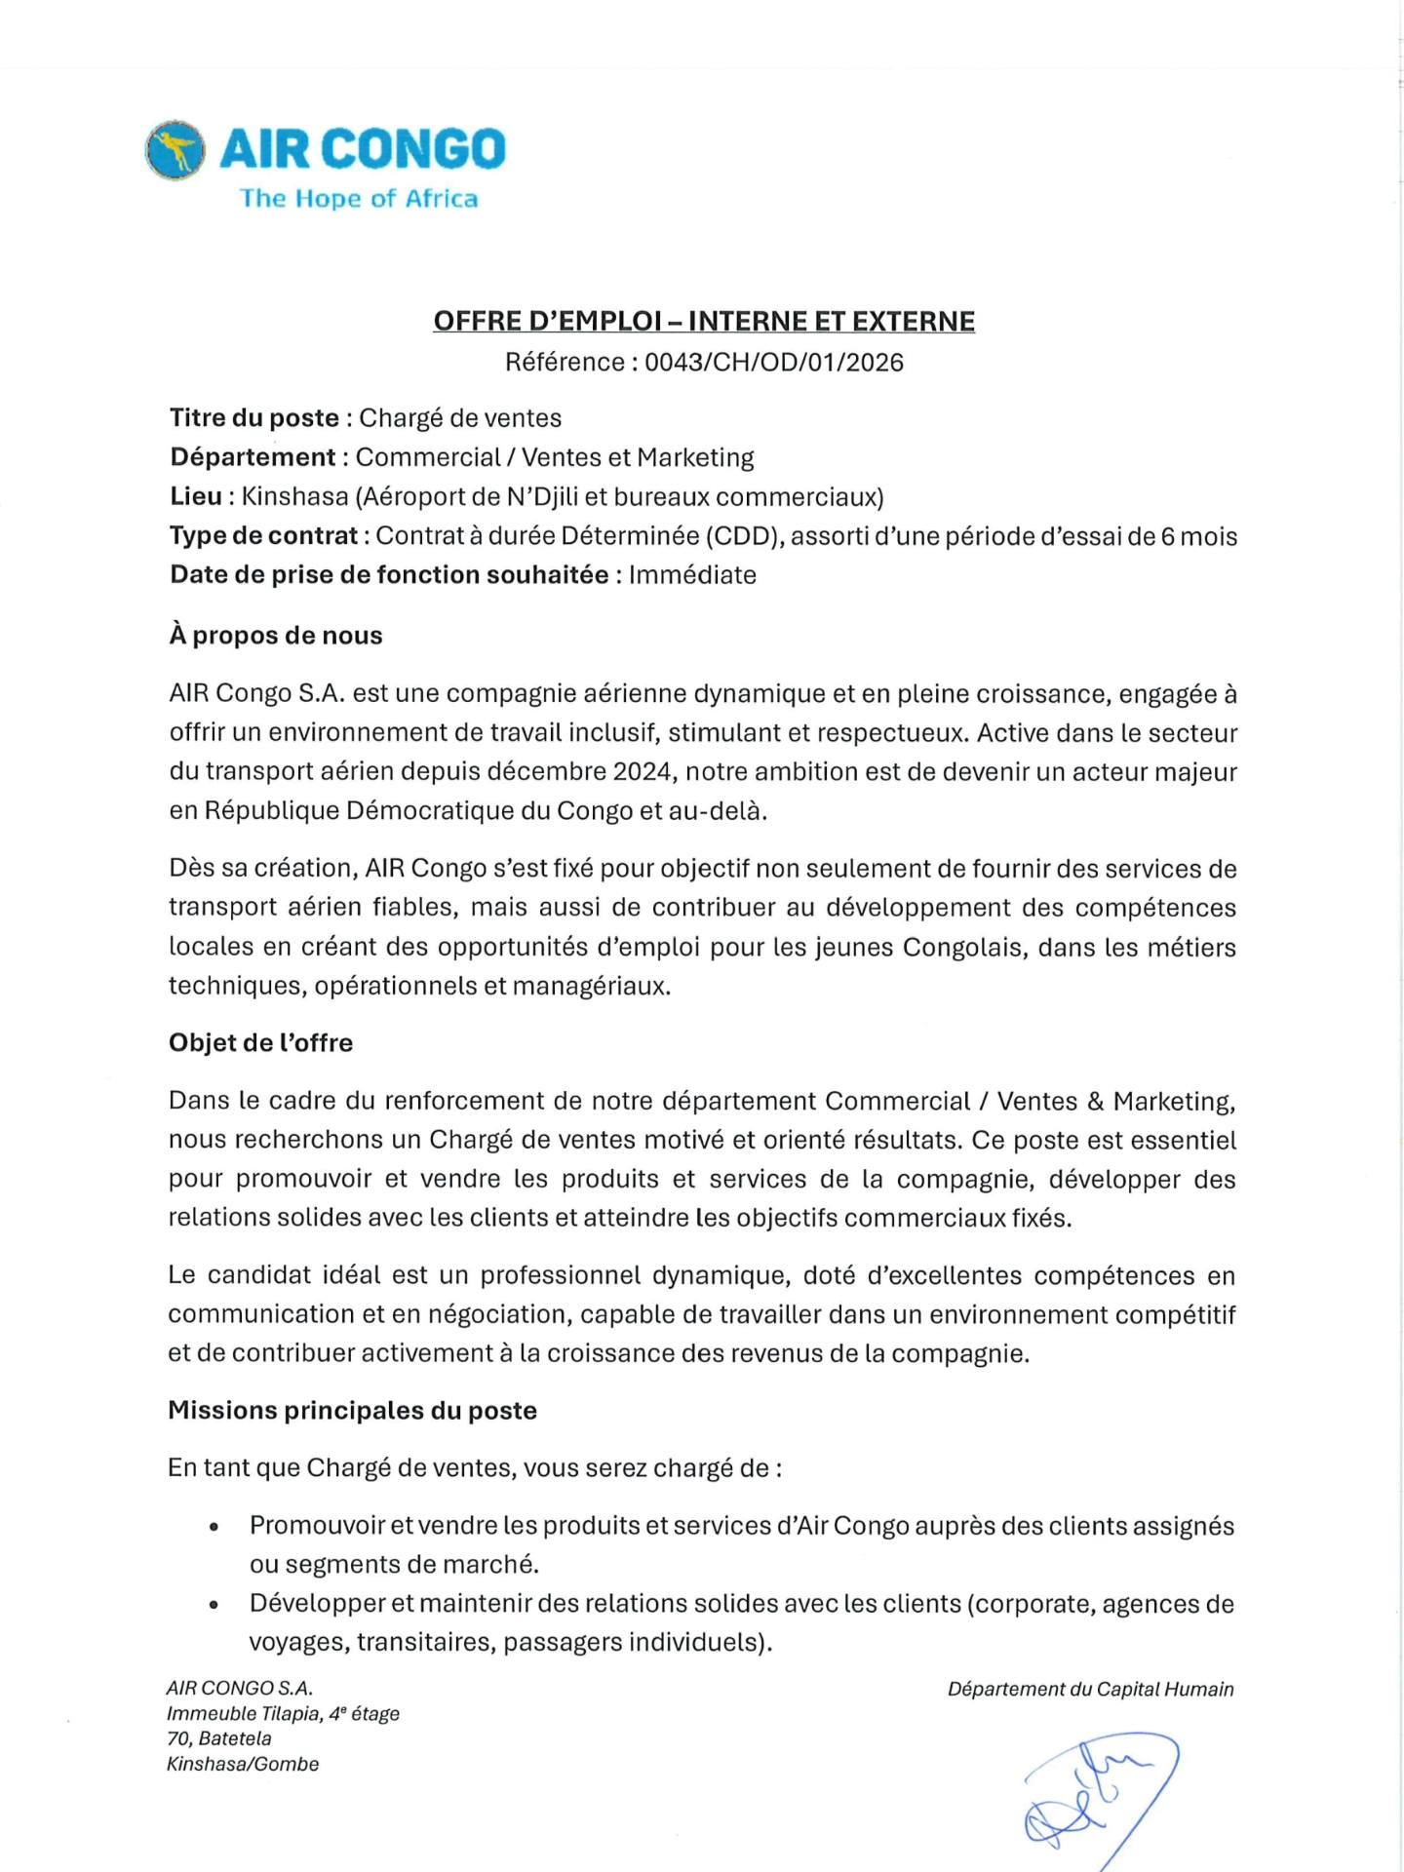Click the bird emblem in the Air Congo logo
pyautogui.click(x=175, y=151)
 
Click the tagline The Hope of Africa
pyautogui.click(x=359, y=199)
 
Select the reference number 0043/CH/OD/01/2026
pyautogui.click(x=774, y=363)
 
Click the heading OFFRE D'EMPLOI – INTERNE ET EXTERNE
pyautogui.click(x=704, y=322)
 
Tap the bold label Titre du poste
pyautogui.click(x=254, y=418)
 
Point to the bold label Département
pyautogui.click(x=253, y=457)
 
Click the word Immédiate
pyautogui.click(x=692, y=575)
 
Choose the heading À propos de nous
pyautogui.click(x=276, y=636)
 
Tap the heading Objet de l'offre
pyautogui.click(x=260, y=1043)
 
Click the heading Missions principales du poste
pyautogui.click(x=352, y=1411)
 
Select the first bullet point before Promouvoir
pyautogui.click(x=214, y=1528)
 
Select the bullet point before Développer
pyautogui.click(x=214, y=1606)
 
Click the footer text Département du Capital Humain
pyautogui.click(x=1090, y=1690)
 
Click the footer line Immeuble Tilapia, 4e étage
pyautogui.click(x=283, y=1714)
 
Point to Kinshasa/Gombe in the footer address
pyautogui.click(x=243, y=1764)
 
